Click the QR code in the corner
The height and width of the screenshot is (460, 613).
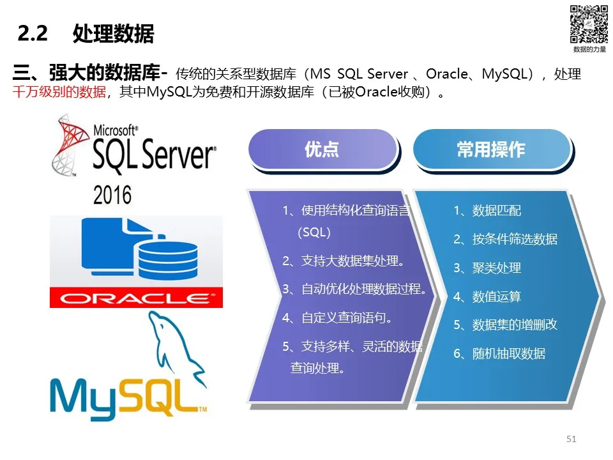tap(589, 24)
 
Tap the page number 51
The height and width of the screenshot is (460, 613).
tap(571, 439)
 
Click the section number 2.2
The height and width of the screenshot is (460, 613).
tap(33, 33)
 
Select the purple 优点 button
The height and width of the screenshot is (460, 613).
tap(323, 149)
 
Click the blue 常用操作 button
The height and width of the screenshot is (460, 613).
tap(492, 149)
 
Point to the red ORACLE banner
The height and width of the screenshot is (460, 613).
tap(136, 298)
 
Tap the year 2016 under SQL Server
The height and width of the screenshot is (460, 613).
tap(112, 195)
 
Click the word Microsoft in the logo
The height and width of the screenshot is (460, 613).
tap(114, 130)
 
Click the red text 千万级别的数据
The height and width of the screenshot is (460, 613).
tap(59, 92)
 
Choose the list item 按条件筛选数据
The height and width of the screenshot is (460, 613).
tap(515, 239)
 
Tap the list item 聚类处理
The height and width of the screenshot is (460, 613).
tap(497, 268)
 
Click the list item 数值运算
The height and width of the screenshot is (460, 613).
tap(497, 296)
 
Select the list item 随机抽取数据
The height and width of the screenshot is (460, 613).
tap(509, 353)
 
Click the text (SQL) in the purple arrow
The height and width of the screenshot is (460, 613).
tap(314, 233)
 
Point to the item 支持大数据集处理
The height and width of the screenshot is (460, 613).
tap(352, 261)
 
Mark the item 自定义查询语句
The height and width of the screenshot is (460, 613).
tap(346, 318)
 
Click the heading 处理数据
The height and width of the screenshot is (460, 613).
tap(114, 33)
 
